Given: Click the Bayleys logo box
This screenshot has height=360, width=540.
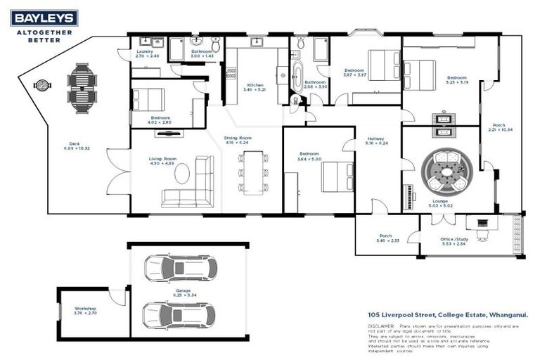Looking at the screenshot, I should (44, 18).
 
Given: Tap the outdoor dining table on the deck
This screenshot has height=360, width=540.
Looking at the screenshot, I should (82, 84).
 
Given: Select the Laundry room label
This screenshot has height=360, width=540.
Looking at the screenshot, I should (145, 52).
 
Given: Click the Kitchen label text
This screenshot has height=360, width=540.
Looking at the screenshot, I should (255, 85).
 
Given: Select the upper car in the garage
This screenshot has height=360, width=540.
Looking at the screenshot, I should (180, 267).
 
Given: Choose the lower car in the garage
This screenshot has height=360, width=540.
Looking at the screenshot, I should (179, 314).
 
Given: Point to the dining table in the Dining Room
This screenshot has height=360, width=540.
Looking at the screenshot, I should (253, 172).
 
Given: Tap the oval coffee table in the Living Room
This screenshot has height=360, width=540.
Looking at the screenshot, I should (183, 172).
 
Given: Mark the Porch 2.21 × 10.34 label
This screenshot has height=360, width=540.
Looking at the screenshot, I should (499, 127).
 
